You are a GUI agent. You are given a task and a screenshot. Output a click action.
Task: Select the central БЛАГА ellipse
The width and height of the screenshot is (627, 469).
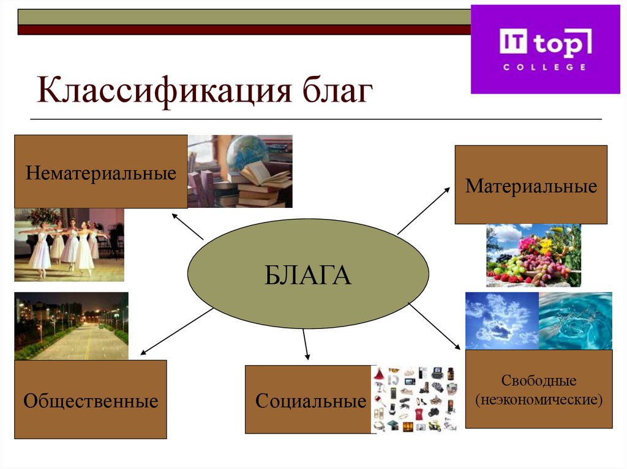pos(308,274)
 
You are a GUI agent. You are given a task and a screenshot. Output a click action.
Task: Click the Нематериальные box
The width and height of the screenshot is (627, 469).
pos(100,172)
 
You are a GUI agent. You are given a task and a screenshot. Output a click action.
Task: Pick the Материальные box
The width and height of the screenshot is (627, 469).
pos(530,185)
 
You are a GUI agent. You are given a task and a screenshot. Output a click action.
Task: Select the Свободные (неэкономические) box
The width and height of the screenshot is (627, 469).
pos(538,389)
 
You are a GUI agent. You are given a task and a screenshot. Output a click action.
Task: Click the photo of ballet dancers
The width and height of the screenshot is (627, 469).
pos(69,245)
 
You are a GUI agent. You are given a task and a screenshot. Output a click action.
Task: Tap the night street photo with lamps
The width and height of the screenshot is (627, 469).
pos(71,326)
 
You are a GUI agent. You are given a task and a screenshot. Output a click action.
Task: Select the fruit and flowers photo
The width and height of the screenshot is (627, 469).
pos(533,256)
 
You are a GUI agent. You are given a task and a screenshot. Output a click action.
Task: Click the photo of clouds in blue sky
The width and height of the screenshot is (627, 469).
pos(501,320)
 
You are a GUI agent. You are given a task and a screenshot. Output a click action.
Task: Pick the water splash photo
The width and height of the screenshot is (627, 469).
pos(575,320)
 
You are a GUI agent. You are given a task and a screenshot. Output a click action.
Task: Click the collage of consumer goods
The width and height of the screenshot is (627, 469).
pos(415,399)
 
